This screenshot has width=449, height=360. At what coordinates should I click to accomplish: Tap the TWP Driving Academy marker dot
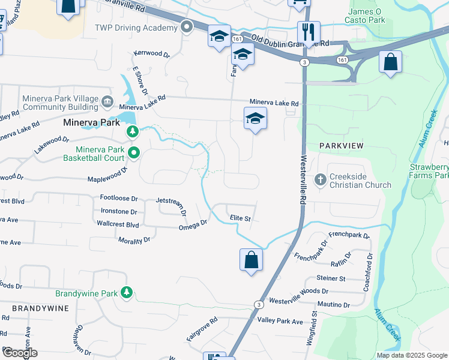pos(187,27)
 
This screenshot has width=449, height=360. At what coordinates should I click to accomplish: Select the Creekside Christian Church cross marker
pos(321,178)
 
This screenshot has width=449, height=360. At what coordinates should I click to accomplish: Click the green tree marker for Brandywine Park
pos(126,292)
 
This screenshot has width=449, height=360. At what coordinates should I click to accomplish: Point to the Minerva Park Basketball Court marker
pos(133,154)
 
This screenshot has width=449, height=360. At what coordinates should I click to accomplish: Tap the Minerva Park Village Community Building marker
pos(107,100)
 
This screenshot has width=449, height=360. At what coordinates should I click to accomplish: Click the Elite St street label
pos(240,219)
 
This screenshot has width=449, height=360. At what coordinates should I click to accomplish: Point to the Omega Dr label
pos(192,225)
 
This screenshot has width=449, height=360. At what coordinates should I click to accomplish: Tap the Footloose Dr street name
pos(119,197)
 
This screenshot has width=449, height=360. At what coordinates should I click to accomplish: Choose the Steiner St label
pos(331,278)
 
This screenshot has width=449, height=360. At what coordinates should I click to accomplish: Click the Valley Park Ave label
pos(280,321)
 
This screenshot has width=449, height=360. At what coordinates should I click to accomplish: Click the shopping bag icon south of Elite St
pos(252,260)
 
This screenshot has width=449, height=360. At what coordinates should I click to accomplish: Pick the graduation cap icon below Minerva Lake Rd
pos(255,119)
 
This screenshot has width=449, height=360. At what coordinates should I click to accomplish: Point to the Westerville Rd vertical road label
pos(303,162)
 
